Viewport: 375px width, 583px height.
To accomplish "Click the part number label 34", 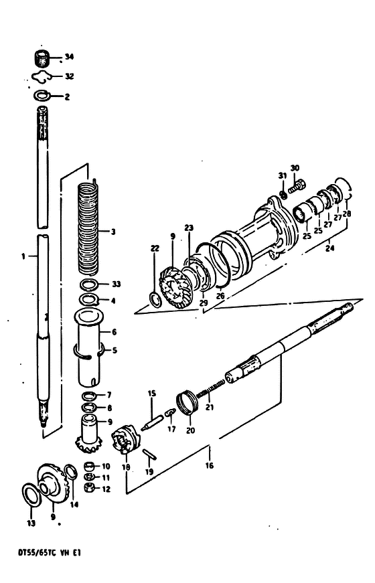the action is tap(69, 57).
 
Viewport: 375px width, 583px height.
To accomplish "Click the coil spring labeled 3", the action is tap(88, 228).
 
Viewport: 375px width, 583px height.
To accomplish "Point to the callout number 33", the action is tap(116, 284).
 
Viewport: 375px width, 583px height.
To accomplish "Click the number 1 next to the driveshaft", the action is tap(23, 256).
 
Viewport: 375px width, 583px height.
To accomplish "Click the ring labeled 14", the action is tap(71, 472).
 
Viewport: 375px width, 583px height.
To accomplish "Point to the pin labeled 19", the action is tap(149, 454).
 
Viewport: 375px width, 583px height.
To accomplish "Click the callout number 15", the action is tap(152, 394).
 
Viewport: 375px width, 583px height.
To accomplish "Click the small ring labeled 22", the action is tap(155, 300).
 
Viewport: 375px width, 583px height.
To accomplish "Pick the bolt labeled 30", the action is tap(297, 185).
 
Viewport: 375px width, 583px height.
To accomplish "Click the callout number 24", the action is tap(329, 248).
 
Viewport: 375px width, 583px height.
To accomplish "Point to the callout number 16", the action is tap(210, 465).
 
